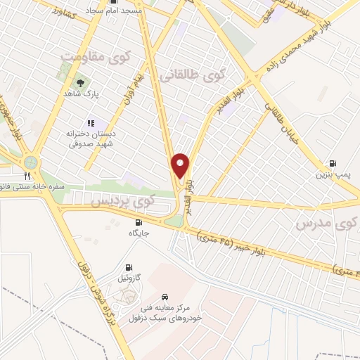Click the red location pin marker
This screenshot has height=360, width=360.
point(181,167)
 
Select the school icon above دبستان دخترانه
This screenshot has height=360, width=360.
point(91,123)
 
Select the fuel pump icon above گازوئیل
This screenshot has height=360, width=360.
point(128,267)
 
